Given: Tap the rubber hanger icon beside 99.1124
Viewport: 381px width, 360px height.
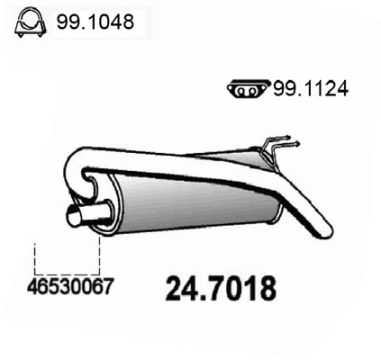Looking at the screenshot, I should pos(243,88).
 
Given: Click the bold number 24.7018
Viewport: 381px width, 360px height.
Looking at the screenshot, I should pos(220,289).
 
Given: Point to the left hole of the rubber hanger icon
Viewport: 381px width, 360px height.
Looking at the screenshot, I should pos(238,88).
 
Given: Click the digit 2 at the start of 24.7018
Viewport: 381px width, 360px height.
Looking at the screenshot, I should pos(176,289).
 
